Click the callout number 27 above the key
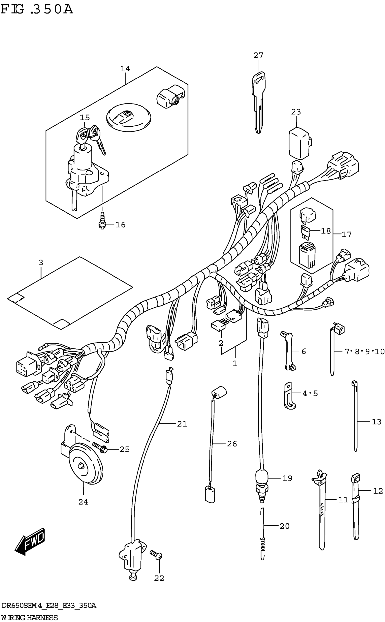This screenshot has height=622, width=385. (x=258, y=55)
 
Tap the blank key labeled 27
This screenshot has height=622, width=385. (x=258, y=102)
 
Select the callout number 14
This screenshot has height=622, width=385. (x=125, y=68)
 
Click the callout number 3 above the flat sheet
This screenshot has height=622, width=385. (x=41, y=263)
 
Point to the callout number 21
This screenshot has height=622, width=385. (x=182, y=424)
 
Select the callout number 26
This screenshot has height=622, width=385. (x=232, y=444)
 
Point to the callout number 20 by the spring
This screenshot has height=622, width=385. (x=284, y=526)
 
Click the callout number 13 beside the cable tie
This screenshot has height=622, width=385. (x=377, y=422)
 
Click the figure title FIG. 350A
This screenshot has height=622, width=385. (x=37, y=10)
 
